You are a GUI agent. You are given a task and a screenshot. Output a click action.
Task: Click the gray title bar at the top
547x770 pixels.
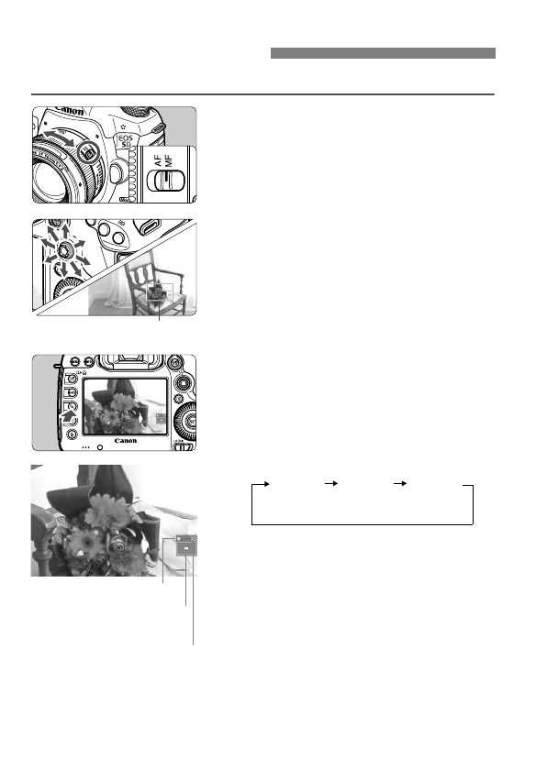pos(383,54)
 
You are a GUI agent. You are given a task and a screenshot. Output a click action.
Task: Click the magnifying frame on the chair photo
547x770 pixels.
pos(158,292)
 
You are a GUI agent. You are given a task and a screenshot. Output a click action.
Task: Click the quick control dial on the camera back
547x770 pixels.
pos(186,421)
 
